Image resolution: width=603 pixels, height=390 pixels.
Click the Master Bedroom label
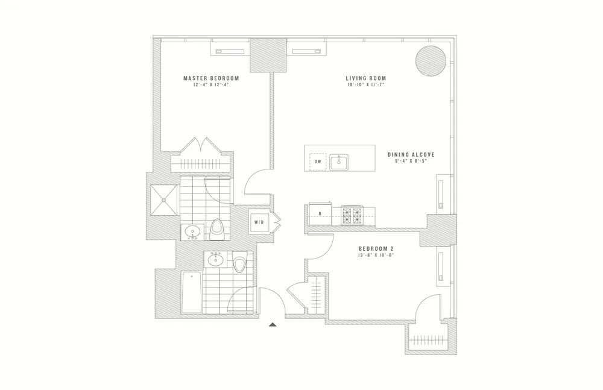(x=211, y=78)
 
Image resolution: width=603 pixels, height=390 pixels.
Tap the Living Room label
(x=366, y=78)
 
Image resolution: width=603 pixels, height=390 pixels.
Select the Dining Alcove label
(x=411, y=154)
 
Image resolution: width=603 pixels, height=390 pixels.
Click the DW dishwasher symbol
(x=317, y=162)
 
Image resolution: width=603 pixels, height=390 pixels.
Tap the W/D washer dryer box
(x=259, y=222)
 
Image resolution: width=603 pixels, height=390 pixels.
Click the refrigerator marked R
(x=319, y=212)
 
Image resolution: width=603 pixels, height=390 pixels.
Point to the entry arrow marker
(x=273, y=325)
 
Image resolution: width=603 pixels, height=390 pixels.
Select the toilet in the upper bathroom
(x=218, y=229)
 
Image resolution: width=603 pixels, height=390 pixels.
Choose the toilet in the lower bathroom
(x=241, y=263)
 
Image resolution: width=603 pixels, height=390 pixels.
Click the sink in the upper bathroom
(x=193, y=231)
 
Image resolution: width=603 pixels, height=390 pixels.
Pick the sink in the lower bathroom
(x=215, y=260)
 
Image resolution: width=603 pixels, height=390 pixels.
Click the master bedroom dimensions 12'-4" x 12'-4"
(x=211, y=86)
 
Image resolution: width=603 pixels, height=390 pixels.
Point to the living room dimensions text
(x=366, y=86)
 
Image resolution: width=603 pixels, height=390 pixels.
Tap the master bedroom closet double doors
(x=200, y=146)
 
